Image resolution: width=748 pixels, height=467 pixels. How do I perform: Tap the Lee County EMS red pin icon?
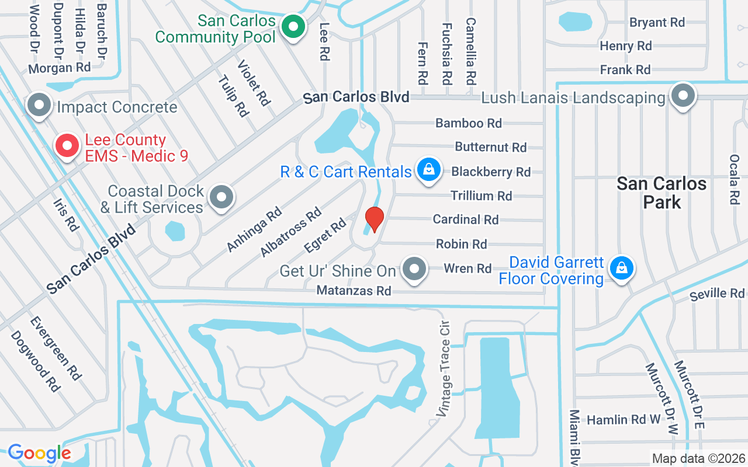tap(67, 146)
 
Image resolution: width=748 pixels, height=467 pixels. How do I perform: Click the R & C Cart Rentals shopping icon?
tap(429, 170)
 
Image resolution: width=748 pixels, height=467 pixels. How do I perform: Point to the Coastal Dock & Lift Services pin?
tap(221, 197)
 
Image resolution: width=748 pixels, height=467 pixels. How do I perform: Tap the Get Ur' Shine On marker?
tap(415, 270)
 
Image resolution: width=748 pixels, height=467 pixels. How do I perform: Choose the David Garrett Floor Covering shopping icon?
tap(622, 269)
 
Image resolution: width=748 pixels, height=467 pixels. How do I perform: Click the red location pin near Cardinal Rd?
tap(374, 219)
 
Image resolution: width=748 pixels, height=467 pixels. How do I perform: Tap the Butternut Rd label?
tap(491, 147)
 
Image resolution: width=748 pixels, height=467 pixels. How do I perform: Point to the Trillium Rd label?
tap(481, 196)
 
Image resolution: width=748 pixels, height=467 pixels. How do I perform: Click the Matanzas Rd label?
tap(354, 290)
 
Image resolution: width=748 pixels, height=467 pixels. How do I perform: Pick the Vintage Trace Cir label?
tap(444, 368)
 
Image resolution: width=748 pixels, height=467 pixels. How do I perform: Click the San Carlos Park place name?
tap(662, 193)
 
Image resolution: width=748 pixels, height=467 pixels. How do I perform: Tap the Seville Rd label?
tap(716, 294)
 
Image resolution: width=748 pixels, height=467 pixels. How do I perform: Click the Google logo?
tap(39, 453)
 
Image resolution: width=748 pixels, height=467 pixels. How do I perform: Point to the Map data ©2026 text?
tap(698, 459)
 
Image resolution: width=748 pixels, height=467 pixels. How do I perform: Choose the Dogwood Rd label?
tap(36, 361)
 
